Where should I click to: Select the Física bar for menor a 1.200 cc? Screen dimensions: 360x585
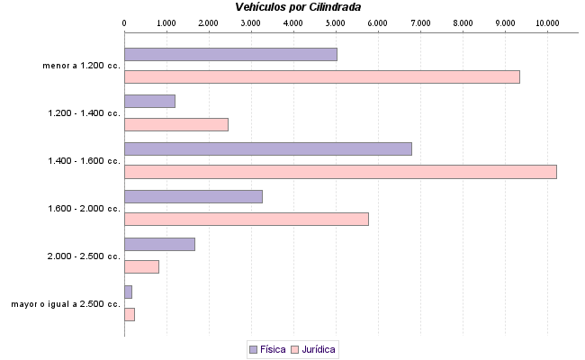[x=230, y=54]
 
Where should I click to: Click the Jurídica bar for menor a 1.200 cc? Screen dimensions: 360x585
[x=321, y=77]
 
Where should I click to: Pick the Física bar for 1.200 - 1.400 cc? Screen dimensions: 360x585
[x=149, y=101]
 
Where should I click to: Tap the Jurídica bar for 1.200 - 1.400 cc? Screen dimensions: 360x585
[x=175, y=124]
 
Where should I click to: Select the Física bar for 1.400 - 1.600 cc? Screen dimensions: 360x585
[x=267, y=148]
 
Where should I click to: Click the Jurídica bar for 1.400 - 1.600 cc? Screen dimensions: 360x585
[x=340, y=172]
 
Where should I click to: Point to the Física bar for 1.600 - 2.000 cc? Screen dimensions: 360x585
[x=193, y=196]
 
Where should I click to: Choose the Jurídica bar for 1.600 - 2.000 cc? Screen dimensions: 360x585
[x=246, y=219]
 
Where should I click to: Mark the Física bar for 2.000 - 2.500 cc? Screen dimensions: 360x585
[x=159, y=244]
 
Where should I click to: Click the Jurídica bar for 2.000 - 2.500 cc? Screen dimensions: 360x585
[x=141, y=266]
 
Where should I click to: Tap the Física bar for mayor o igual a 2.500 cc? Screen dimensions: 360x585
[x=128, y=292]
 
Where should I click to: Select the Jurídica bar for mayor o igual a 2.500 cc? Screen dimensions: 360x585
[x=130, y=314]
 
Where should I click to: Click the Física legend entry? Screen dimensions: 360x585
[x=267, y=348]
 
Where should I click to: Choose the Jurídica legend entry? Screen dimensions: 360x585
[x=313, y=348]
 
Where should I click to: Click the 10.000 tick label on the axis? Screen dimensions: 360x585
[x=546, y=21]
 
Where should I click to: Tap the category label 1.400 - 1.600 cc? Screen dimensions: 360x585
[x=84, y=160]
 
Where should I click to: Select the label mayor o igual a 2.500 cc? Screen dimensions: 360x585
[x=66, y=304]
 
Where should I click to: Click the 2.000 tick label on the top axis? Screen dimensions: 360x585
[x=208, y=21]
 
